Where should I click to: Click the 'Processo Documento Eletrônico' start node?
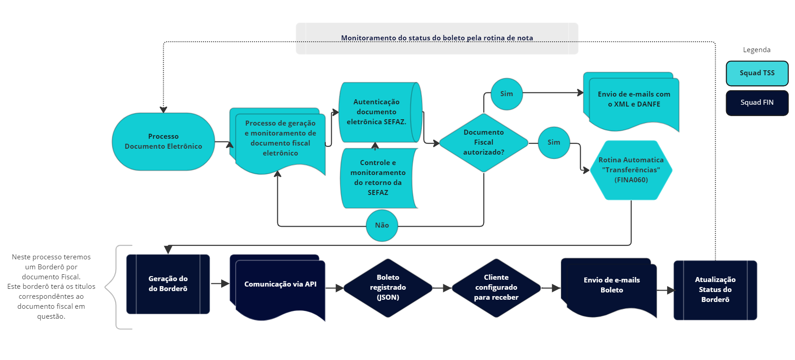click(x=163, y=141)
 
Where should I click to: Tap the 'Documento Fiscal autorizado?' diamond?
click(x=484, y=142)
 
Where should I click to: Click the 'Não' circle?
click(x=382, y=225)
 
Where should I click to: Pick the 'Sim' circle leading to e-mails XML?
click(x=506, y=94)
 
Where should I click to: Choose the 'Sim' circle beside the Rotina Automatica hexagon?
click(x=553, y=142)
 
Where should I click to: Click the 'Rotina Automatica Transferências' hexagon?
click(x=631, y=170)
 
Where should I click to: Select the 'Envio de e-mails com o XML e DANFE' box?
click(x=634, y=100)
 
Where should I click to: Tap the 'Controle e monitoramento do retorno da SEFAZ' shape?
click(x=378, y=178)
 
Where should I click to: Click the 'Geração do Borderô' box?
click(x=168, y=284)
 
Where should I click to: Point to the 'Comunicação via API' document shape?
click(x=280, y=285)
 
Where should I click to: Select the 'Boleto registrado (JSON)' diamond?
click(x=388, y=287)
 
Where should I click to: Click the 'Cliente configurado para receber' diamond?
click(x=496, y=287)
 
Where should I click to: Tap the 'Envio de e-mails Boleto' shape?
click(x=611, y=285)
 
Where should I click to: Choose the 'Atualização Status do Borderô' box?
click(x=715, y=290)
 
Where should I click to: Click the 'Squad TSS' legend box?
click(x=757, y=73)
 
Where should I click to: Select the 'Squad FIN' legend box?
click(x=757, y=102)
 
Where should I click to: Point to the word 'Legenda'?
click(x=756, y=50)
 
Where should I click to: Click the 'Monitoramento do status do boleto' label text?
click(x=437, y=38)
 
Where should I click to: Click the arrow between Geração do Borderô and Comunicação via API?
click(x=220, y=284)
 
